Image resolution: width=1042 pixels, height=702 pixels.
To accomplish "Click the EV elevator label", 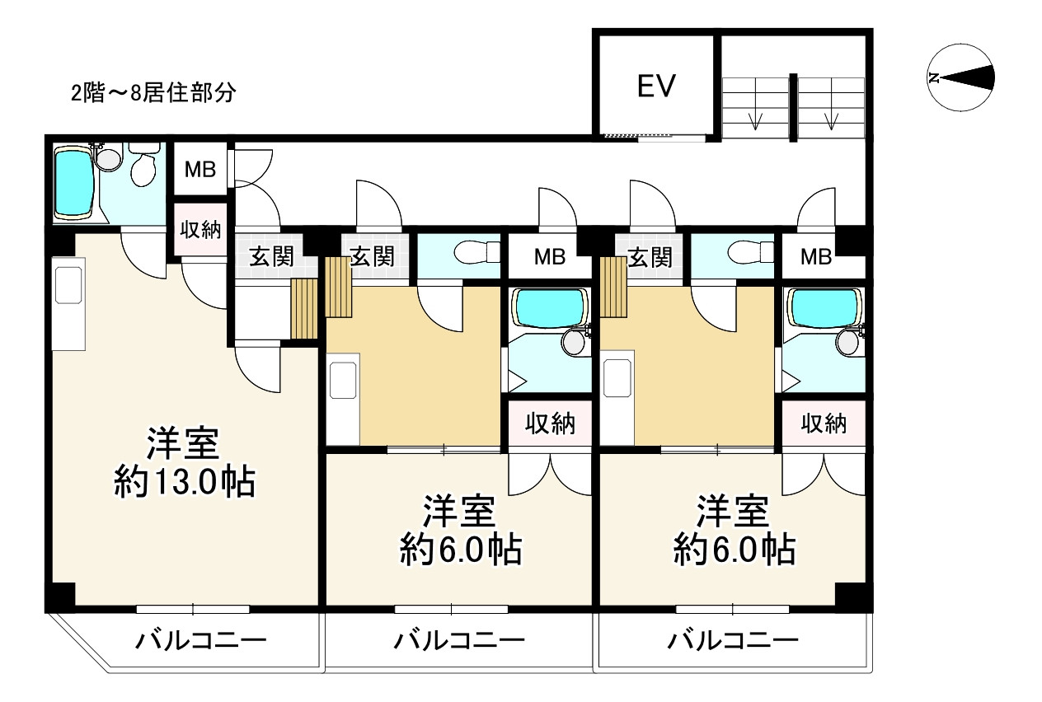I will click(x=656, y=86).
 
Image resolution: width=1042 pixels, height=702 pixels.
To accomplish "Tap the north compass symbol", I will click(x=958, y=78).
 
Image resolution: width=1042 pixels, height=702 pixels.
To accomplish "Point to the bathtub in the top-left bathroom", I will click(x=75, y=184).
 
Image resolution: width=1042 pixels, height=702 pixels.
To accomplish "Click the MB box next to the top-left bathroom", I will click(x=199, y=170).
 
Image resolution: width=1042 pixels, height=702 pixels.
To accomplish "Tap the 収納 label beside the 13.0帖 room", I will click(x=199, y=230).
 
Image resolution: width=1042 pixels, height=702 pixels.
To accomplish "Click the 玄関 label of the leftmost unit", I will click(x=271, y=257).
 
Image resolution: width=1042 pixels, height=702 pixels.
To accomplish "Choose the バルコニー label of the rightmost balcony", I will click(x=732, y=640).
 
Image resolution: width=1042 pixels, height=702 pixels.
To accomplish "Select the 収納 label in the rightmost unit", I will click(x=824, y=424).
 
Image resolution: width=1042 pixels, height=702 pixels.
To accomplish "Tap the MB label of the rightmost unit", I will click(x=816, y=257).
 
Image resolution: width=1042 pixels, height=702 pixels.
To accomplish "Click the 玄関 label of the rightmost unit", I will click(x=650, y=257).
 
